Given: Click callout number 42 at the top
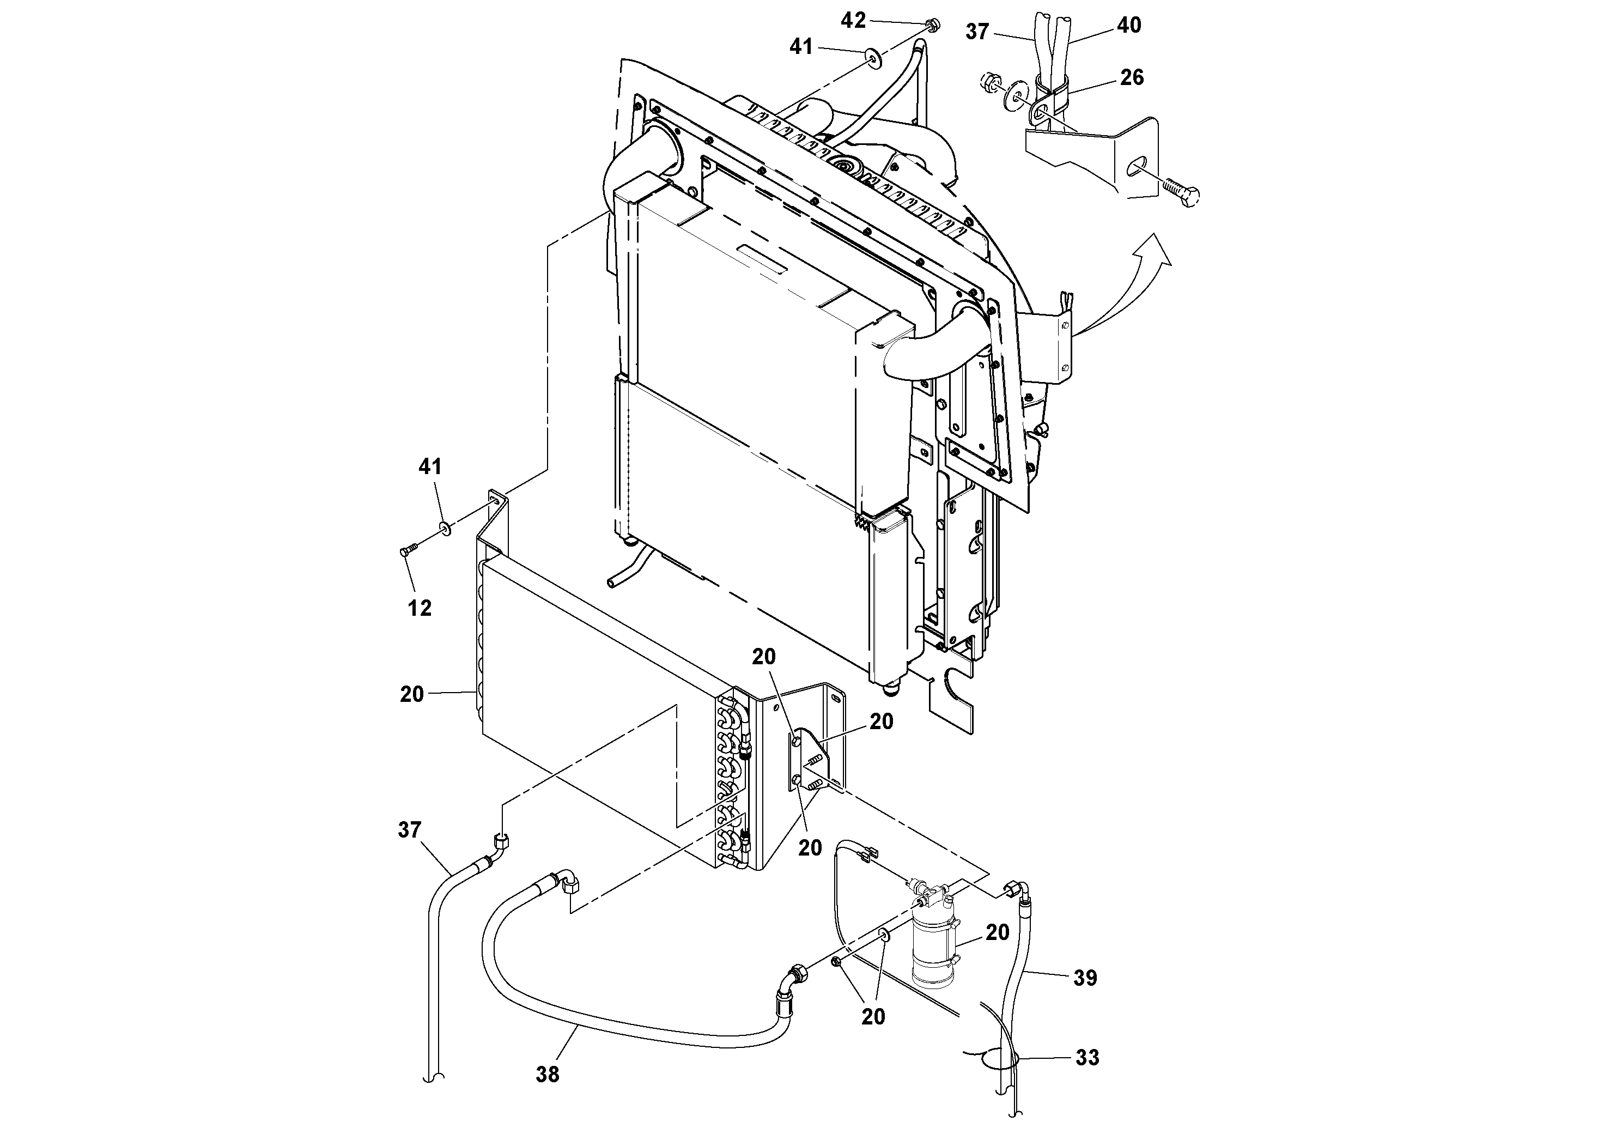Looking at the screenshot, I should pyautogui.click(x=853, y=21).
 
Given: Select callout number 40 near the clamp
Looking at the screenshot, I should pyautogui.click(x=1129, y=26).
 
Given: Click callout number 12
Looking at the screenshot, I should pyautogui.click(x=419, y=608).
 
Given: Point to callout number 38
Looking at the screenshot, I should pyautogui.click(x=548, y=1074).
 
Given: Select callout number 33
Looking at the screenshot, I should pyautogui.click(x=1087, y=1058).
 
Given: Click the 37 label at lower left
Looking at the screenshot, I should pyautogui.click(x=410, y=830).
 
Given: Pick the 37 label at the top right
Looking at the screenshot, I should pyautogui.click(x=977, y=32).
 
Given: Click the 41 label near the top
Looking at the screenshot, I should pyautogui.click(x=801, y=47).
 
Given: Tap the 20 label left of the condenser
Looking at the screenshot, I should pyautogui.click(x=412, y=695).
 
